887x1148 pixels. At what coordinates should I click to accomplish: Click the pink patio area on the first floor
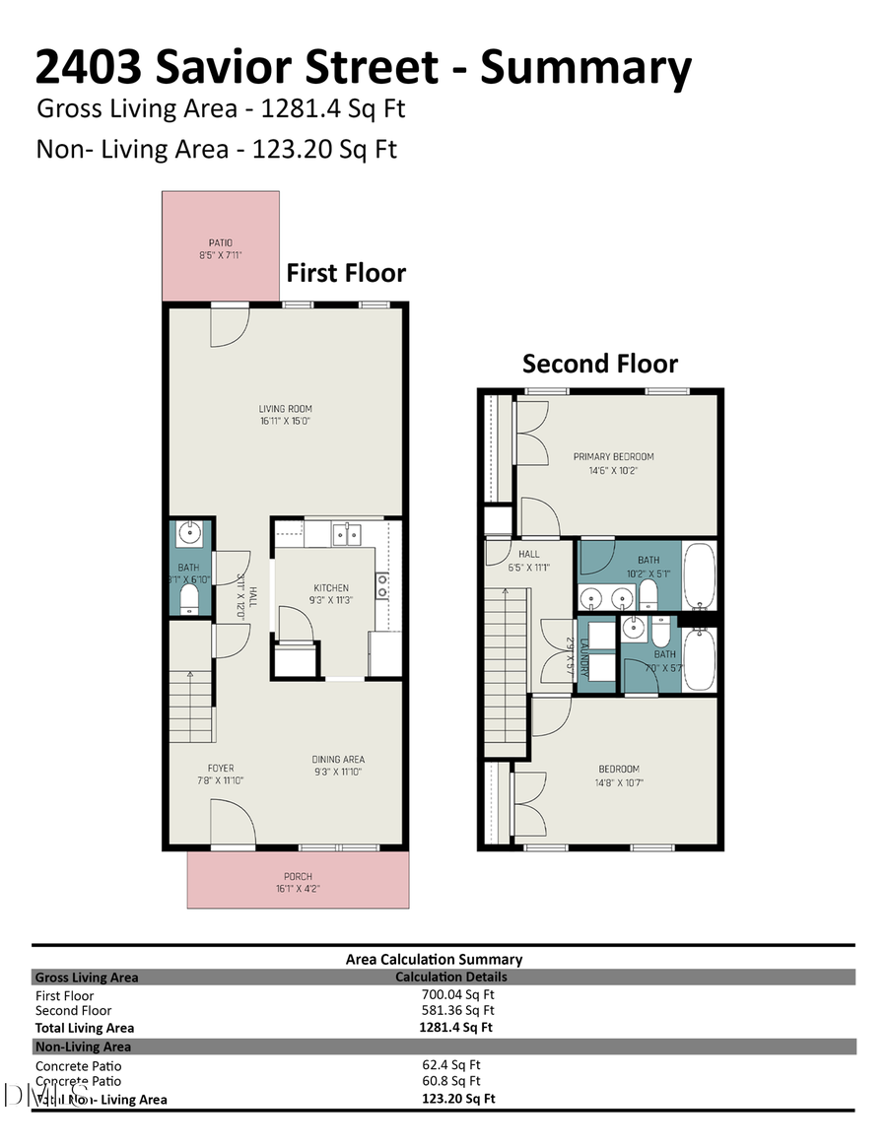tap(222, 246)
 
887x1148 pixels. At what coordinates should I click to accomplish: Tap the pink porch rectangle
tap(298, 879)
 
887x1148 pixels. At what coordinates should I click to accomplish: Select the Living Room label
tap(286, 415)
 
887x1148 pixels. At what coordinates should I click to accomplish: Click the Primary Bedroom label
tap(613, 463)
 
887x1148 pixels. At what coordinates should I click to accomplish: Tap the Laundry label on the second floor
tap(583, 654)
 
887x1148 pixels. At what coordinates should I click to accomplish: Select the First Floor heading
tap(346, 273)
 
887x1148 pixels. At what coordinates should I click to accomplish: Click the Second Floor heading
tap(599, 364)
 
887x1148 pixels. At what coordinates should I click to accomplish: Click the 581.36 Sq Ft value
tap(457, 1010)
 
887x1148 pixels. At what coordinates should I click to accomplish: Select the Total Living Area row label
tap(85, 1028)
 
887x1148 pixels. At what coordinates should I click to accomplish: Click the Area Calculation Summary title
tap(434, 959)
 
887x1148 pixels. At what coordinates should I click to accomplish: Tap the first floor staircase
tap(191, 705)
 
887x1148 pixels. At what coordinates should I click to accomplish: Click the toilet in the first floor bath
tap(190, 598)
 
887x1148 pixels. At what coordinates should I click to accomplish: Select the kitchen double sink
tap(346, 534)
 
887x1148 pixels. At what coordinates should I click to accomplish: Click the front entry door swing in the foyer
tap(233, 822)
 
